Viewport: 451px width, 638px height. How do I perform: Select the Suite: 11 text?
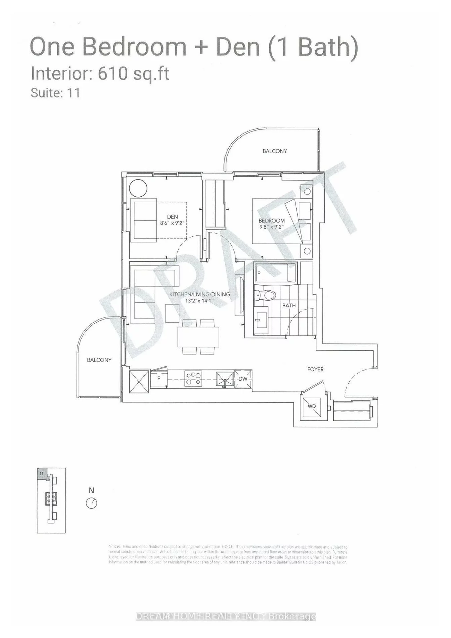tap(55, 93)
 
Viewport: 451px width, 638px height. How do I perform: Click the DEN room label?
tap(172, 217)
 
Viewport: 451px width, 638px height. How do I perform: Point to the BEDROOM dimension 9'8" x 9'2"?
tap(271, 227)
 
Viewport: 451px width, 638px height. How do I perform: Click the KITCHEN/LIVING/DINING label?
tap(199, 294)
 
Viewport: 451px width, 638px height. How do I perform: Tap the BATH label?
tap(289, 305)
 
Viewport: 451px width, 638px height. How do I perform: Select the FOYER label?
tap(315, 369)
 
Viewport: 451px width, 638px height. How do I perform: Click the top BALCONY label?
tap(274, 151)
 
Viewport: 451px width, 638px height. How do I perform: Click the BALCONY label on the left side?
tap(99, 360)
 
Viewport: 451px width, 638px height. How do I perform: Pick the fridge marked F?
tap(159, 379)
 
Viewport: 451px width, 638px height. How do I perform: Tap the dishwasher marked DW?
tap(243, 379)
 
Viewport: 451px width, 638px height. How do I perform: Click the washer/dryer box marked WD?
tap(312, 406)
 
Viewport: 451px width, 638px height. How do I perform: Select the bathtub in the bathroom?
tap(276, 272)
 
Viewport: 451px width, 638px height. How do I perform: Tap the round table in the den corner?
tap(138, 189)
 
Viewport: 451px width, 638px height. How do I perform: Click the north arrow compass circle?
tap(92, 503)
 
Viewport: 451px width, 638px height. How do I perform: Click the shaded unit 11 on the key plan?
tap(42, 473)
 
